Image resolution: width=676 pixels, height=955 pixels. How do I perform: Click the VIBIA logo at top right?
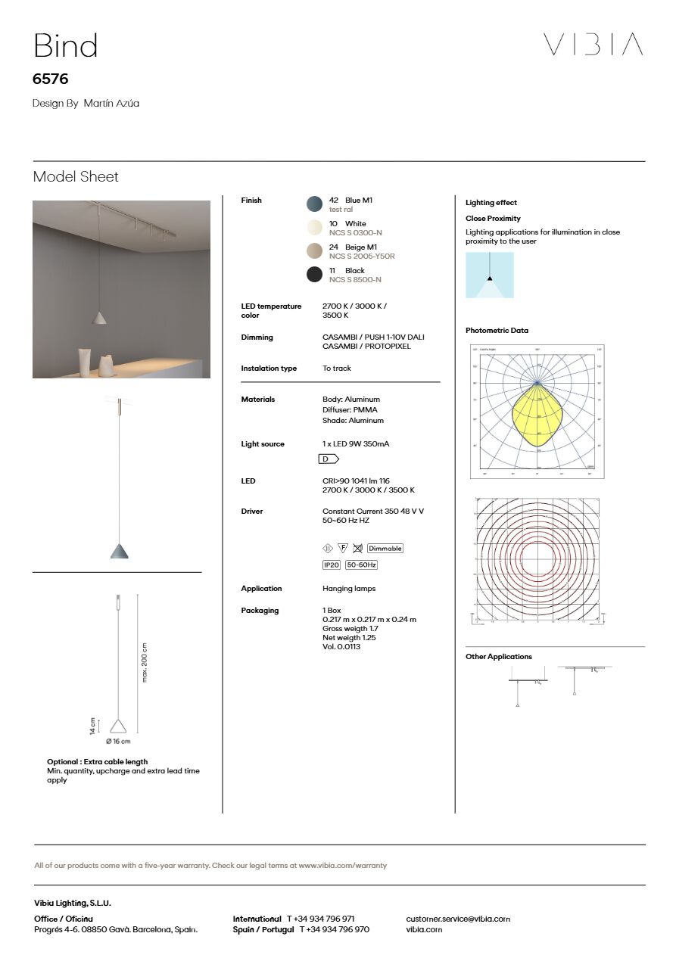(x=593, y=45)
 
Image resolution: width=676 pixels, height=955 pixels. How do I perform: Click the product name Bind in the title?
(x=66, y=46)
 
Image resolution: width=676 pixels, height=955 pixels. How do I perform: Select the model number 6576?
(x=51, y=79)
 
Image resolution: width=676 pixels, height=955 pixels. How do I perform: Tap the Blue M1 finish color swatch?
(x=315, y=204)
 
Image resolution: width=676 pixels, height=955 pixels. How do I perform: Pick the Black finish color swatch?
(x=315, y=275)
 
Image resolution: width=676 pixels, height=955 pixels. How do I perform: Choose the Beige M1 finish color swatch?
(x=315, y=251)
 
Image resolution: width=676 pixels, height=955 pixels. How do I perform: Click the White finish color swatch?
(x=315, y=228)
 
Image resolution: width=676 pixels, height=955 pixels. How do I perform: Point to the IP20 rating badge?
(x=332, y=565)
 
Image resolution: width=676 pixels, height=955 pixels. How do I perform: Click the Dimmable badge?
(x=385, y=549)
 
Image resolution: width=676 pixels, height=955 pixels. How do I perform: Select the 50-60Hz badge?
(x=362, y=565)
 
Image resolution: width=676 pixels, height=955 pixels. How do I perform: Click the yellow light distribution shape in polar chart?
(x=537, y=416)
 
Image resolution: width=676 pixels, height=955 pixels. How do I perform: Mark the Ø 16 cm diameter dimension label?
(x=118, y=742)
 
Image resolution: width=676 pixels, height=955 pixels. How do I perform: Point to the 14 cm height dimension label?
(x=93, y=726)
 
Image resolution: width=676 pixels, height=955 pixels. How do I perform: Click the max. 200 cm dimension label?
(x=145, y=662)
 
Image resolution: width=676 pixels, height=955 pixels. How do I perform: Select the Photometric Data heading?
(x=497, y=331)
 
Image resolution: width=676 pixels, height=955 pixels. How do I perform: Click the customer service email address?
(x=458, y=919)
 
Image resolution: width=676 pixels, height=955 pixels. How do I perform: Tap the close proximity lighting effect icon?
(x=490, y=275)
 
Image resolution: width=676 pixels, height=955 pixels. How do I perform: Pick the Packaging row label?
(x=260, y=611)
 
